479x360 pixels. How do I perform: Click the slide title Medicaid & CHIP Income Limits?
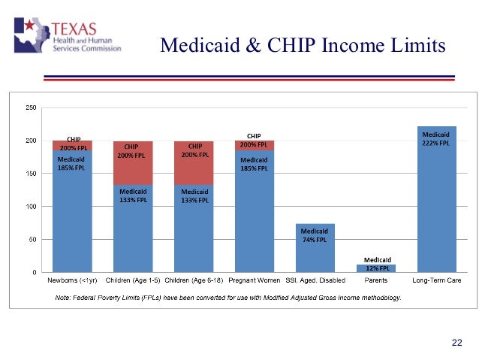click(303, 46)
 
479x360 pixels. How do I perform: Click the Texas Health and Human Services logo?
click(68, 35)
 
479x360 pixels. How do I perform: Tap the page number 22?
click(456, 343)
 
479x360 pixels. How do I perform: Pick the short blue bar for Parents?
click(375, 268)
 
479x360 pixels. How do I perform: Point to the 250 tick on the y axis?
click(31, 107)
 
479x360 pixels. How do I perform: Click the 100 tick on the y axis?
click(31, 207)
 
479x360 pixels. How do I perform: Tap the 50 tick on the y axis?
click(32, 240)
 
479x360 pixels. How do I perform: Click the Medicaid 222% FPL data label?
click(436, 139)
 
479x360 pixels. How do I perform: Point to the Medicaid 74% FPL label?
click(315, 235)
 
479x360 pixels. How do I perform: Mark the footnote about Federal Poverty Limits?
click(229, 298)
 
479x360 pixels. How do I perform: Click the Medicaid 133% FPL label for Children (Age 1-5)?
click(133, 195)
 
